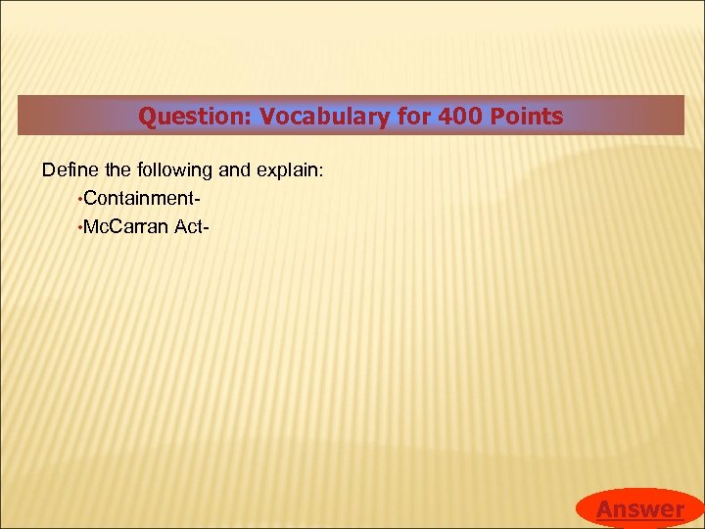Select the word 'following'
[x=170, y=170]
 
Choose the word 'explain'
[x=285, y=170]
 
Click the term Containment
[x=140, y=199]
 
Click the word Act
[x=190, y=227]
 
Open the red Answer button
[x=639, y=508]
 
